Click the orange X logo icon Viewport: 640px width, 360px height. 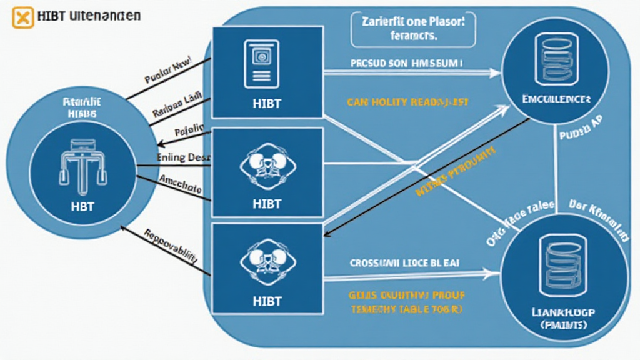(x=22, y=17)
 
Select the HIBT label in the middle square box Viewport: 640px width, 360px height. (x=267, y=204)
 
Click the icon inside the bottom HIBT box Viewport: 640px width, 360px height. (x=267, y=263)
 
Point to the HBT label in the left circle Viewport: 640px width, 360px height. (x=83, y=207)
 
